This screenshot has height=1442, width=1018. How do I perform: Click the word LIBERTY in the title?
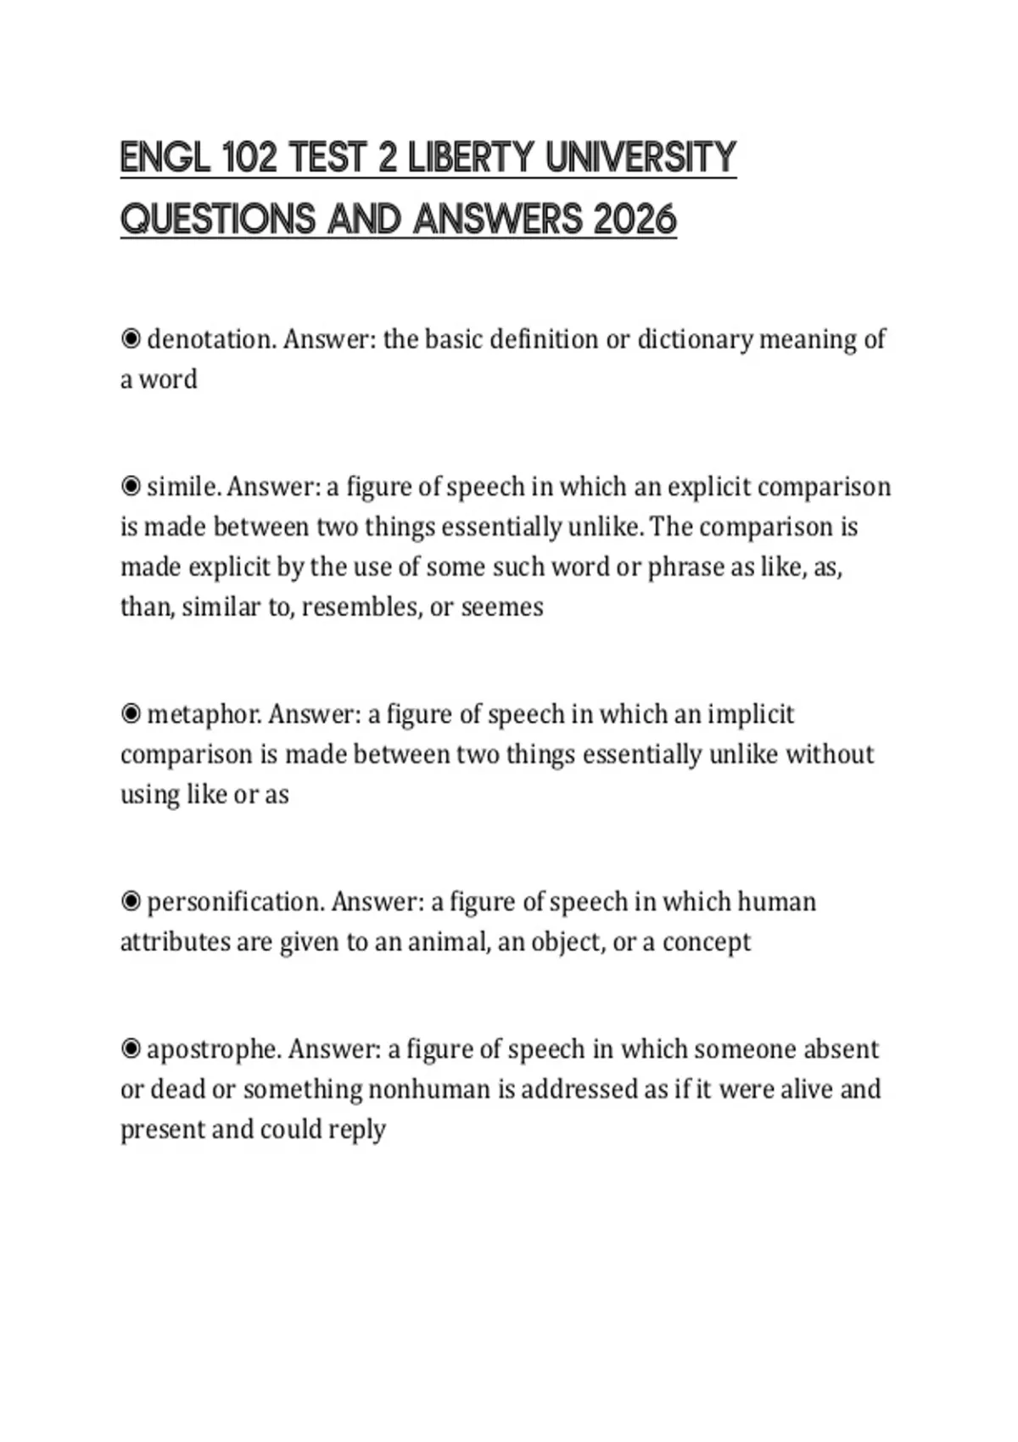coord(471,159)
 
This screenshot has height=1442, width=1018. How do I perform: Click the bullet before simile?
coord(131,487)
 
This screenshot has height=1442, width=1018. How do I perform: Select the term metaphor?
coord(204,715)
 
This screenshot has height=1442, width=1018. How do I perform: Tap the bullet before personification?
coord(131,902)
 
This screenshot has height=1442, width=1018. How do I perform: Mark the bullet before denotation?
coord(131,340)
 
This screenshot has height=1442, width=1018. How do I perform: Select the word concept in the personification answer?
coord(707,942)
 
